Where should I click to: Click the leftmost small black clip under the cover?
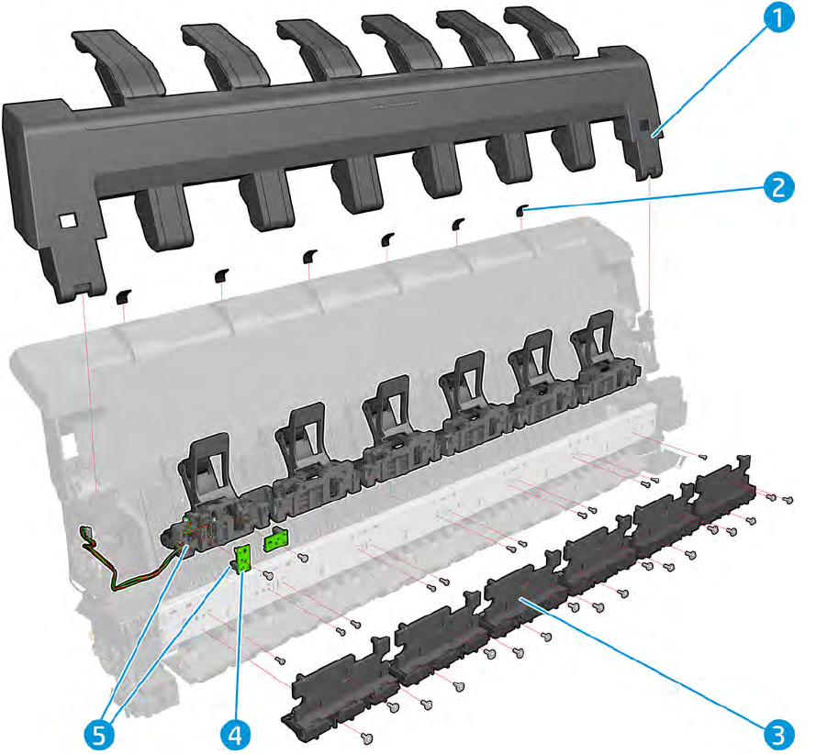123,295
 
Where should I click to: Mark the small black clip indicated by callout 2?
521,211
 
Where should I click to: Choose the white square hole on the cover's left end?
65,222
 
